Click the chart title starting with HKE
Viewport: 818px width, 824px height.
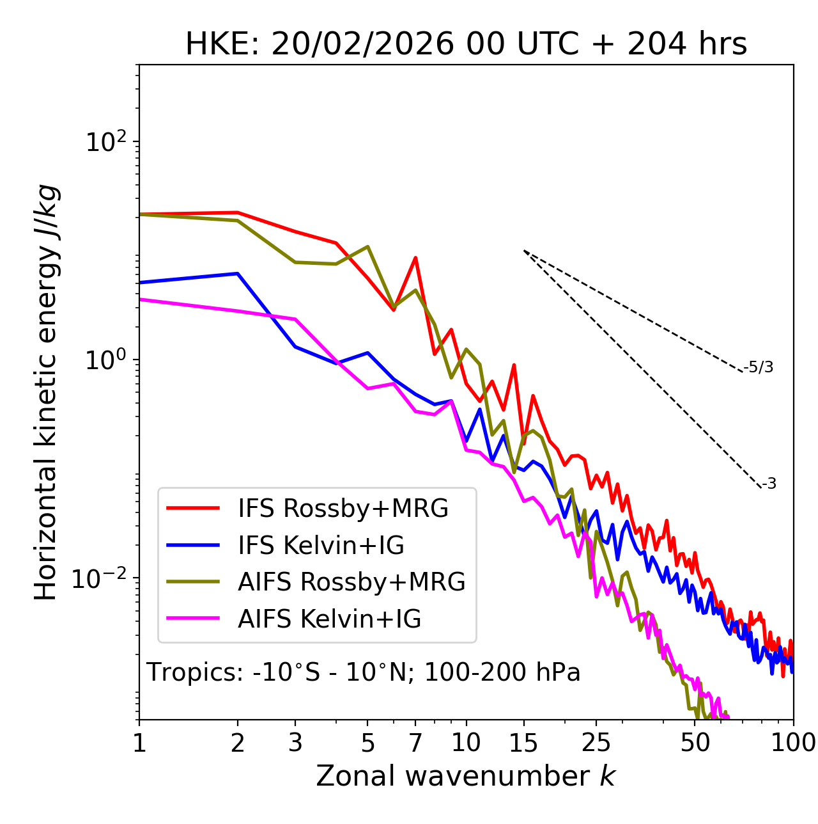click(466, 45)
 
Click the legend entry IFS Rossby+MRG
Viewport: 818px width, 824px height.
click(343, 509)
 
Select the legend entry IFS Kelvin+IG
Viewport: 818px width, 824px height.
click(321, 546)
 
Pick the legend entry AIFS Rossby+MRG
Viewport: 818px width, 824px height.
click(351, 582)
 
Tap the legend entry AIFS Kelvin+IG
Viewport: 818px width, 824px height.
click(329, 619)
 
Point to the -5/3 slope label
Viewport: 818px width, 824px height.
click(759, 367)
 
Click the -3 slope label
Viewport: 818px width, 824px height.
click(769, 484)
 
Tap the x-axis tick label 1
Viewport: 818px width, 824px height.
click(139, 743)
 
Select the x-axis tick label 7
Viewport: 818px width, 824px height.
click(415, 743)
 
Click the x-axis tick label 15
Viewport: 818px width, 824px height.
click(523, 743)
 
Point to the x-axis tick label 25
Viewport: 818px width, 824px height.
click(596, 743)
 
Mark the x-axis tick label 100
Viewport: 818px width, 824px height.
click(793, 743)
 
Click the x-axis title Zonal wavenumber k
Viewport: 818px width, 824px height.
click(466, 777)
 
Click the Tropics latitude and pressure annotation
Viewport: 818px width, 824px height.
click(364, 672)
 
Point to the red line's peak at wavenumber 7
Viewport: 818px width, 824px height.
click(415, 258)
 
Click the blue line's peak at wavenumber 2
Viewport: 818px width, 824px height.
click(238, 273)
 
